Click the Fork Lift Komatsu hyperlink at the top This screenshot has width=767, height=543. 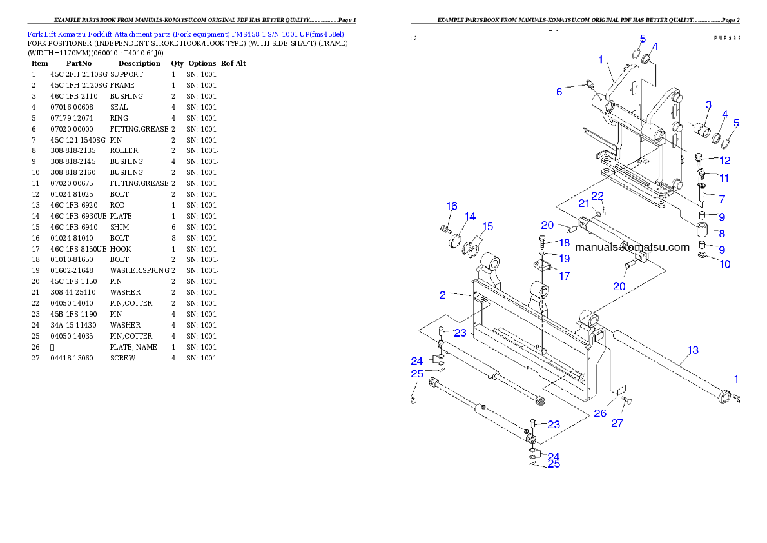[186, 34]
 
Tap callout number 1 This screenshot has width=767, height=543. [600, 59]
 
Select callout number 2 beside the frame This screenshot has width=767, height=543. [443, 295]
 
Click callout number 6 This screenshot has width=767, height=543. [559, 92]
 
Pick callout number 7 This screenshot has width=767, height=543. [722, 199]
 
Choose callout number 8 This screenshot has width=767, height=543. [722, 233]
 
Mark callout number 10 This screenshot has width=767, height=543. [724, 264]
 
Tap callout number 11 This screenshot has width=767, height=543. [724, 178]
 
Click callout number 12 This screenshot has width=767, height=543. [724, 160]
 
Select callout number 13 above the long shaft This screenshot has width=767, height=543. [693, 350]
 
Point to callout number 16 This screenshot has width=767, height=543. [452, 206]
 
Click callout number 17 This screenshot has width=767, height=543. [564, 276]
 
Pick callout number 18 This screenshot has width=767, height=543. [564, 243]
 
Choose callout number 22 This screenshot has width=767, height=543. [597, 195]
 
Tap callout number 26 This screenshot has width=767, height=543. [599, 413]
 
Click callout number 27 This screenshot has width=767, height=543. [617, 424]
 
